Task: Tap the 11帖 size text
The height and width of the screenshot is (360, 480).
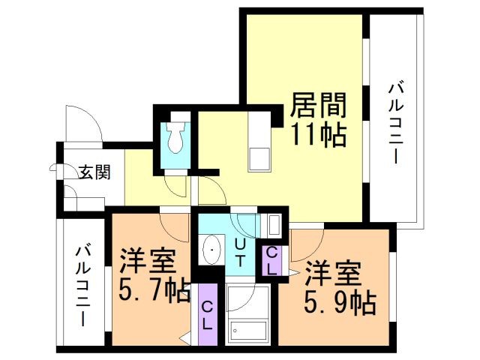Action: point(317,136)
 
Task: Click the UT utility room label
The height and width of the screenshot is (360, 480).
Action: point(240,252)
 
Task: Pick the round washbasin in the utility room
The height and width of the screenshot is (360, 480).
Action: point(212,247)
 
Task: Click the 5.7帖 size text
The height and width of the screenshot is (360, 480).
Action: point(154,289)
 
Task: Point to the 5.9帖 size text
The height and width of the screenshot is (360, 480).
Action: point(339,302)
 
